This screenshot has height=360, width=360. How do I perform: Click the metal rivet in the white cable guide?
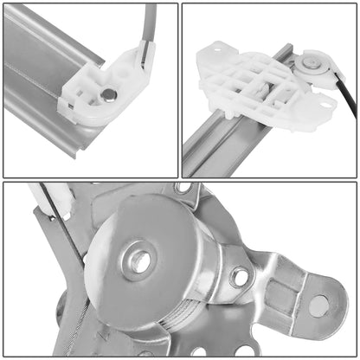(x=108, y=94)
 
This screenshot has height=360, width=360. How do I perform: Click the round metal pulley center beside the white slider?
(x=309, y=63)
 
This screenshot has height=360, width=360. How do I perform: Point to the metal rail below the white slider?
(x=208, y=147)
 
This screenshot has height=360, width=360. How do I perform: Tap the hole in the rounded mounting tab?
(x=318, y=305)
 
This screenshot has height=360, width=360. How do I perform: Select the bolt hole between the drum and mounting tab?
(x=240, y=277)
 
